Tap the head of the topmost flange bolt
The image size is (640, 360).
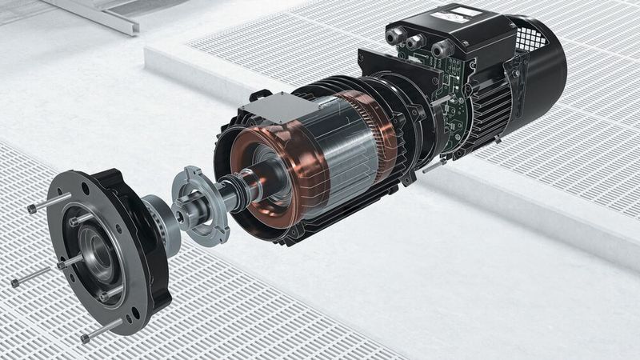[x=31, y=208]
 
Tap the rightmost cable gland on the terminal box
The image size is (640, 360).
[x=439, y=50]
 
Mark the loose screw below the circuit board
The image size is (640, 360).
[x=432, y=166]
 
